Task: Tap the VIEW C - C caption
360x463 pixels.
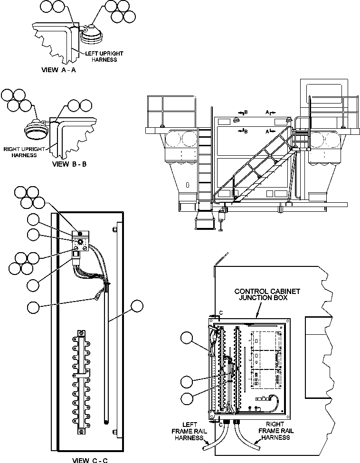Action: [x=93, y=459]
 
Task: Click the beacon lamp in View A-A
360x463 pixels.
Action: [x=89, y=34]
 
